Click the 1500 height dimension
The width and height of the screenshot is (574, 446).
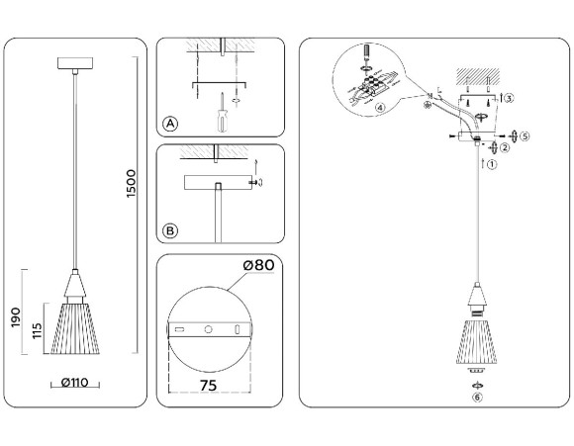(132, 185)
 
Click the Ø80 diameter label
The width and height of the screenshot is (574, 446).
(258, 265)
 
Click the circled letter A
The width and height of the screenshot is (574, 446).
(170, 124)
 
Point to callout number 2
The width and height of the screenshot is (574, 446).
(504, 148)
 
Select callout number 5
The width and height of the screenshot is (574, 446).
(525, 134)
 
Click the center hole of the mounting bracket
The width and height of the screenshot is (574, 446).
(208, 328)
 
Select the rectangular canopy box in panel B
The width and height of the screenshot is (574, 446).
(216, 182)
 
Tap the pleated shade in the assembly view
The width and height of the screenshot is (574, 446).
(477, 341)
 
